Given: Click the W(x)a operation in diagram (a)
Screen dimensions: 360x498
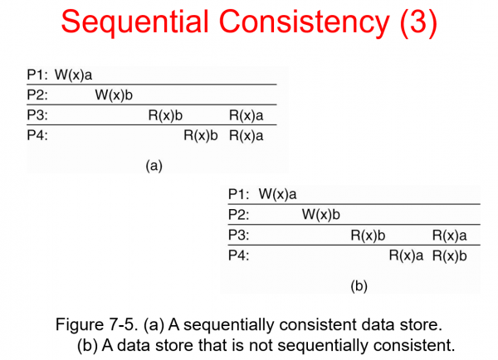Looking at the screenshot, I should pos(74,75).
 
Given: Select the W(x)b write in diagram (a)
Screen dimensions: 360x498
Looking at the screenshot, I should pos(114,95).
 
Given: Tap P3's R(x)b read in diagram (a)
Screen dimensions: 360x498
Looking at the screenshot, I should pos(165,114).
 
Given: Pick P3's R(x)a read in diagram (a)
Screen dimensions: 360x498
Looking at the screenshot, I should pos(247,114).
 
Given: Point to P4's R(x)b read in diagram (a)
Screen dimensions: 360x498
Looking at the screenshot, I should pos(200,134).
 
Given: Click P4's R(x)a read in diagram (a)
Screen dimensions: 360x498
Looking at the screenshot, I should pos(247,134).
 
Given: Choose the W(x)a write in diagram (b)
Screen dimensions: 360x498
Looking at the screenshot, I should pos(278,195).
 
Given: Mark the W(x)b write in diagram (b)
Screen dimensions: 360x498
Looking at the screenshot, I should pos(321,215).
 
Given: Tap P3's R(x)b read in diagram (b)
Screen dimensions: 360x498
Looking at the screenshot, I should pos(369,235).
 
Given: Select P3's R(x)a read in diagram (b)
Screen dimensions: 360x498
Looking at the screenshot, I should pos(450,235).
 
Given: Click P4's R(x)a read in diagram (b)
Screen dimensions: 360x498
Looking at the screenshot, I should pos(406,255).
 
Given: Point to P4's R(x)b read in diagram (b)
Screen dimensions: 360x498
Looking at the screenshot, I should pos(450,255).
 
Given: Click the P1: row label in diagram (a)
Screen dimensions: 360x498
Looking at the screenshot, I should pos(37,75).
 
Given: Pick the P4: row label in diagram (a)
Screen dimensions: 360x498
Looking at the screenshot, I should pos(37,134).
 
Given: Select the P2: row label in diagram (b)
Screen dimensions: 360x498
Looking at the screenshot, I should pos(239,215).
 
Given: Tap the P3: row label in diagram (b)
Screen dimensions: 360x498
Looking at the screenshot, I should pos(239,235).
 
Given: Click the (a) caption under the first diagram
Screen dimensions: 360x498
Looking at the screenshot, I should pos(154,165).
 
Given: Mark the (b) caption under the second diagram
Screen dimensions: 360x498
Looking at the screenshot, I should pos(359,286).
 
